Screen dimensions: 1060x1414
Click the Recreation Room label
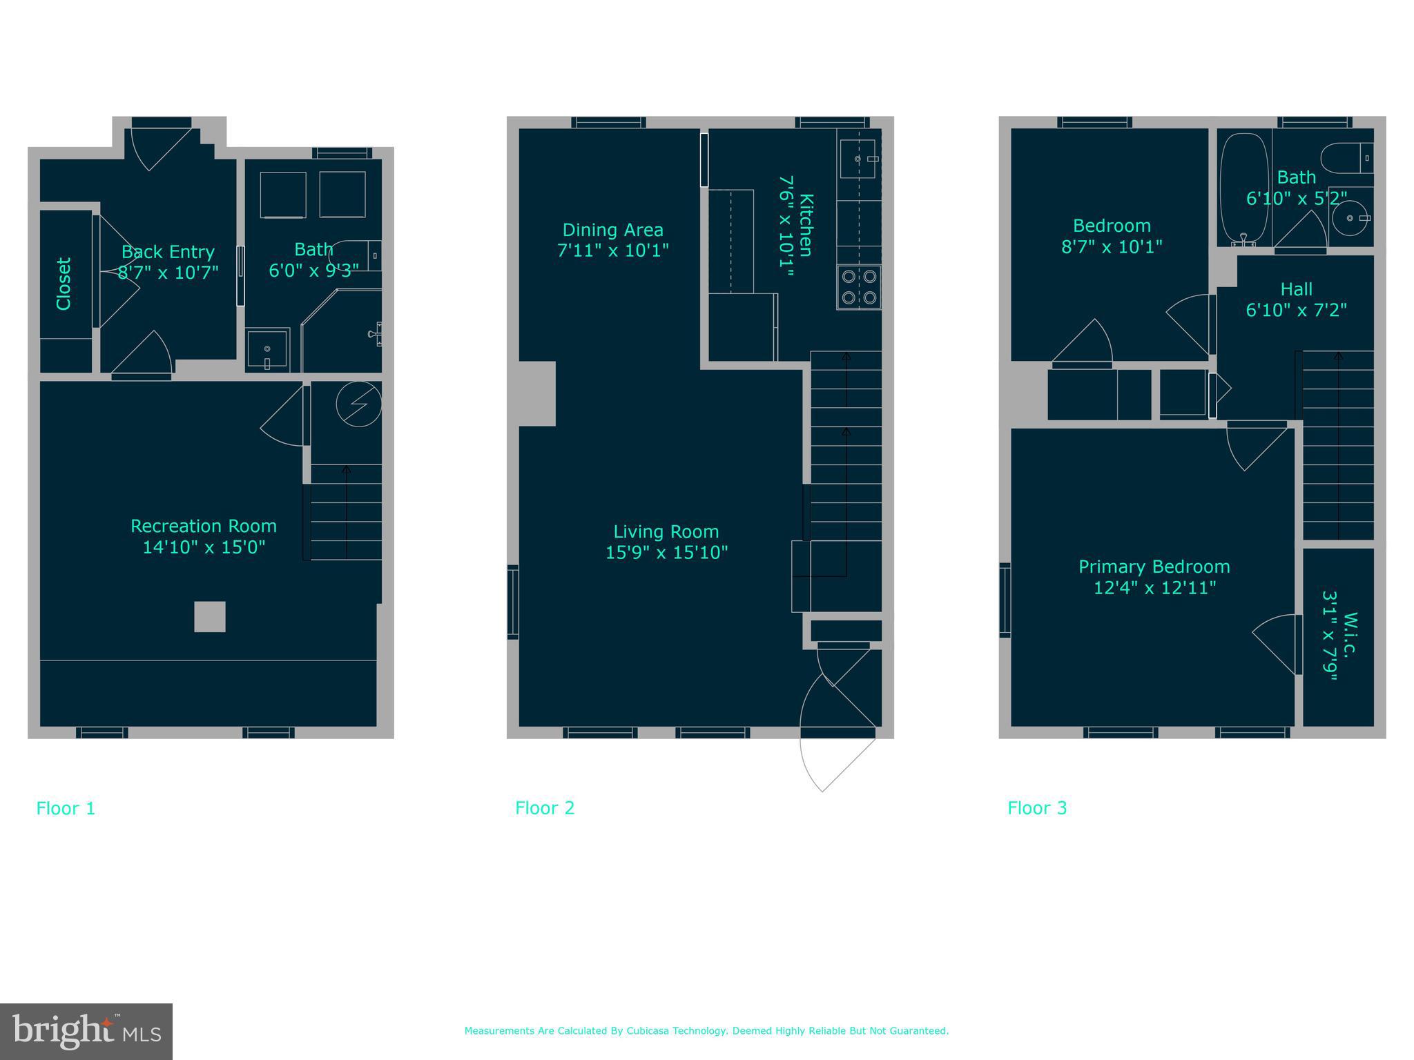point(204,526)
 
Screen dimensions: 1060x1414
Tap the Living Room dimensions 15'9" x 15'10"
point(666,553)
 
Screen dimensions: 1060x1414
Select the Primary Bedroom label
point(1154,567)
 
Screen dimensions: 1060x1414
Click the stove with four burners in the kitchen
point(859,287)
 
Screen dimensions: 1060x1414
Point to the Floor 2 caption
point(545,808)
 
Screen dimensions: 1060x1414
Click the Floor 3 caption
point(1037,808)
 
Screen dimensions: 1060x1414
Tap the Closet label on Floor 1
point(64,284)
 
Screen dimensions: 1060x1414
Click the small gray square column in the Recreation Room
point(209,616)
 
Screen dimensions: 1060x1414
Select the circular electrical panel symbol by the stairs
point(358,404)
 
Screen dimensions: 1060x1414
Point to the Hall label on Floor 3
point(1296,289)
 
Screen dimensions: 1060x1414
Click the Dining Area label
point(612,230)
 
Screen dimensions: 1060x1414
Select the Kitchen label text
point(806,225)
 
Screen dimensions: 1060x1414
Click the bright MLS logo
point(86,1031)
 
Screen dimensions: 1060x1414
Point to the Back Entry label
point(168,252)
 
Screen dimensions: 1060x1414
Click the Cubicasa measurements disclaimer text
point(706,1031)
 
